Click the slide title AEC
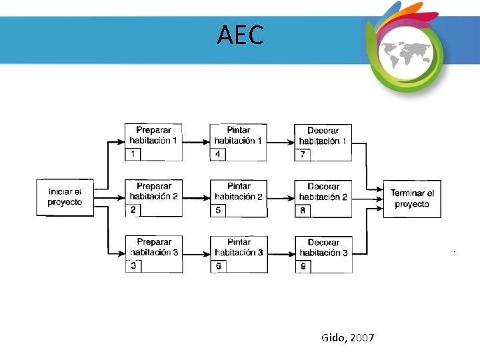[240, 35]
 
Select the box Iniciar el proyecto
[65, 197]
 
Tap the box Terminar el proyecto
[411, 198]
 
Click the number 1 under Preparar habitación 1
[133, 154]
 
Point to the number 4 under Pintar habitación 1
[218, 154]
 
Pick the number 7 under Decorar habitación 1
[303, 154]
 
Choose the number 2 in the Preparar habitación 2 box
[133, 210]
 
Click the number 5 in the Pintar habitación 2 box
[218, 210]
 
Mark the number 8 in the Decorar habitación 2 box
[303, 210]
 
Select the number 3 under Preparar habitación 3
[134, 266]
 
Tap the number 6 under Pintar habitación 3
[218, 266]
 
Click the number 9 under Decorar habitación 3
[303, 266]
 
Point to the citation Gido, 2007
[347, 338]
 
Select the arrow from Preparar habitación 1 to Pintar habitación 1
[196, 141]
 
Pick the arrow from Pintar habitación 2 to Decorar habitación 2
[281, 197]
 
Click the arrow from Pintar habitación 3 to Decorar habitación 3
[281, 253]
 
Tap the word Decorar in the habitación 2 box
[323, 187]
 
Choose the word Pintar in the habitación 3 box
[239, 242]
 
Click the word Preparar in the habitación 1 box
[154, 130]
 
